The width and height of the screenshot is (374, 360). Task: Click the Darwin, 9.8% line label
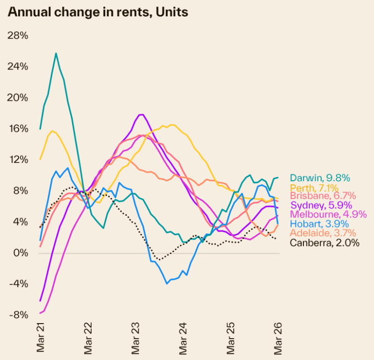[x=320, y=178]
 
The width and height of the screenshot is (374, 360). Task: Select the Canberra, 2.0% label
[x=324, y=242]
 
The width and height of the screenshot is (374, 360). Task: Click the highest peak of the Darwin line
[x=56, y=53]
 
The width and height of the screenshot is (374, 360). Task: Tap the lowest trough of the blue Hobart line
[x=167, y=283]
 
